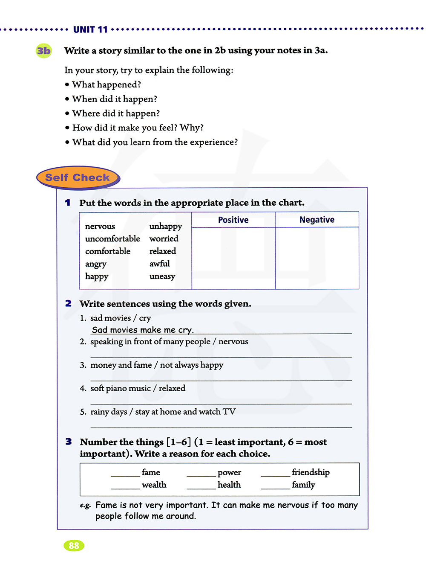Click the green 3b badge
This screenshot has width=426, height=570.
coord(43,51)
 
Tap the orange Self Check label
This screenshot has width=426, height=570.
coord(78,177)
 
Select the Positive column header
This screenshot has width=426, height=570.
coord(233,220)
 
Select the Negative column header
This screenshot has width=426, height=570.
coord(317,220)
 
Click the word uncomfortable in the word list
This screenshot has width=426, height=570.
coord(112,238)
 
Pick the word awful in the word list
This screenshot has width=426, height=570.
coord(159,264)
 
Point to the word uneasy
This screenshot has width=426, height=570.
coord(162,276)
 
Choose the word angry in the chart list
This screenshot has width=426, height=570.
coord(96,264)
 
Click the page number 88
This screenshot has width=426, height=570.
coord(74,545)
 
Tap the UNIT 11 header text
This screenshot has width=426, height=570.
coord(90,29)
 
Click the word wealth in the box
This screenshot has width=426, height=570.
coord(154,485)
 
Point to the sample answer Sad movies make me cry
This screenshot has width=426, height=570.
coord(143,330)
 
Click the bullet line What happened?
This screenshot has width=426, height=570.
coord(106,84)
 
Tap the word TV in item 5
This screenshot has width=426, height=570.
coord(229,411)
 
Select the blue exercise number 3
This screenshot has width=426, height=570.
coord(69,442)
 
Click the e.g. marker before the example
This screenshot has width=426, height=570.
coord(85,506)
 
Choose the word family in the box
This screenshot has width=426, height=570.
coord(304,485)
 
